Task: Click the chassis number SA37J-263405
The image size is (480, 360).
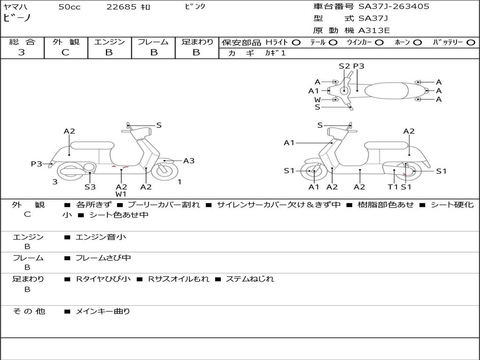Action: (x=394, y=7)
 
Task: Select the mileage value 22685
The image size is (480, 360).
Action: (x=121, y=7)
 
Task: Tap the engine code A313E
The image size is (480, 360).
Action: (x=374, y=31)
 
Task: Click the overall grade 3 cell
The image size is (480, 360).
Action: (x=22, y=52)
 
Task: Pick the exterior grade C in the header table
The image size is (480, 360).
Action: (x=65, y=52)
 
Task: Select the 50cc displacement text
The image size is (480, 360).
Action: (x=69, y=7)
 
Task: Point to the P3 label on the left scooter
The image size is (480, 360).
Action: (x=37, y=164)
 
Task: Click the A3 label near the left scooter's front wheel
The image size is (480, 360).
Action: (x=189, y=161)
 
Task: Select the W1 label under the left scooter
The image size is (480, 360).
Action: (x=121, y=194)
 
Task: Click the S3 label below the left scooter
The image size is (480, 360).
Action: (x=90, y=187)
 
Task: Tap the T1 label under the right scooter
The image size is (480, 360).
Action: (x=393, y=187)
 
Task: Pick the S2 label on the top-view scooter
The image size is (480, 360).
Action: (x=345, y=66)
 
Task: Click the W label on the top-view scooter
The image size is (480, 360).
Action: (x=317, y=99)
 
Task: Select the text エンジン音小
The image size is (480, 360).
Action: (x=101, y=237)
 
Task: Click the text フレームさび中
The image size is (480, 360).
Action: (x=103, y=258)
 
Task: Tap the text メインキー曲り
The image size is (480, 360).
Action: (x=103, y=311)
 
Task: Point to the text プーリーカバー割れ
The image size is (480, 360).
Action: (x=164, y=205)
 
